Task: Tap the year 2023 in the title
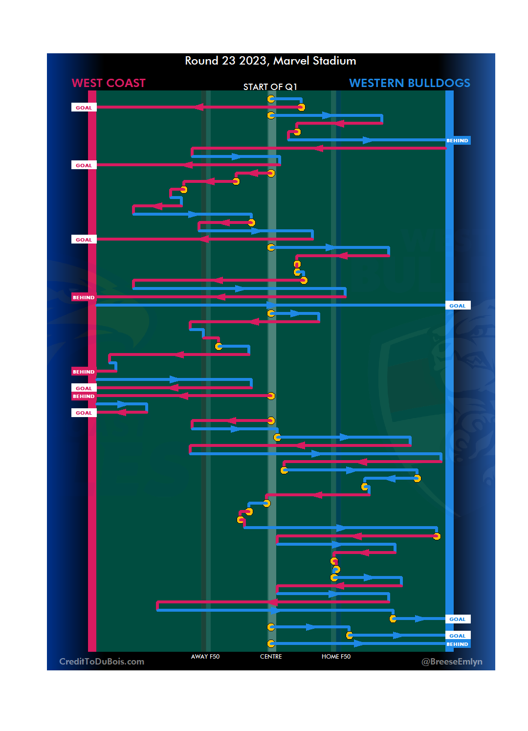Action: (x=253, y=61)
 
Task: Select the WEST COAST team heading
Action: (x=109, y=83)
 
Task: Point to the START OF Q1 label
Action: (x=270, y=87)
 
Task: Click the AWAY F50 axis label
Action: (x=205, y=656)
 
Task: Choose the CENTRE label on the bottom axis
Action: (x=271, y=656)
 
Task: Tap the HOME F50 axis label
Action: (x=336, y=656)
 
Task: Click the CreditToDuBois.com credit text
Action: (x=102, y=662)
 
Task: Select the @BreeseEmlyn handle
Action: (x=452, y=662)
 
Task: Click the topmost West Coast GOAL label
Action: (x=84, y=108)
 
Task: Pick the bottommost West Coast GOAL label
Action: (x=84, y=413)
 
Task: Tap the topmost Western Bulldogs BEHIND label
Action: (x=457, y=140)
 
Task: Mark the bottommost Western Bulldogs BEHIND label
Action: (x=457, y=644)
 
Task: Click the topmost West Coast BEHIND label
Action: (x=84, y=297)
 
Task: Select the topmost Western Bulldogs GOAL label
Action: (x=457, y=306)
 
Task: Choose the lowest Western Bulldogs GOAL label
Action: (x=457, y=636)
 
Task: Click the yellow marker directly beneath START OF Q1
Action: (x=271, y=99)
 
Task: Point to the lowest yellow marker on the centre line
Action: (x=271, y=643)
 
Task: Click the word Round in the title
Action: (x=201, y=61)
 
